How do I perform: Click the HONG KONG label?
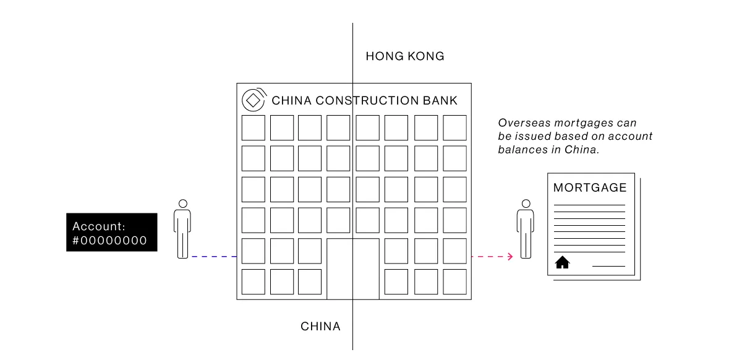coord(404,56)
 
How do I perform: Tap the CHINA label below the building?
coord(320,326)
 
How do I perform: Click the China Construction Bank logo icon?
coord(252,100)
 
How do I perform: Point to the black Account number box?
coord(111,233)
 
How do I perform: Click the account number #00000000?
coord(109,241)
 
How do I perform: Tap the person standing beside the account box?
coord(182,229)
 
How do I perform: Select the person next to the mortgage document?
coord(526,229)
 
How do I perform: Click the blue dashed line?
coord(214,256)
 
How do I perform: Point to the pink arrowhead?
coord(510,256)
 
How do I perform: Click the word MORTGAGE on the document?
coord(590,187)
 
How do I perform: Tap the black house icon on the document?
coord(562,262)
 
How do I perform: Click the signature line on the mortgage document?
coord(608,267)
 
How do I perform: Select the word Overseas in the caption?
coord(522,123)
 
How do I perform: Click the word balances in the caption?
coord(521,150)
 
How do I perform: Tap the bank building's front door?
coord(352,268)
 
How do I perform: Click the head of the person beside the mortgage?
coord(526,204)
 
